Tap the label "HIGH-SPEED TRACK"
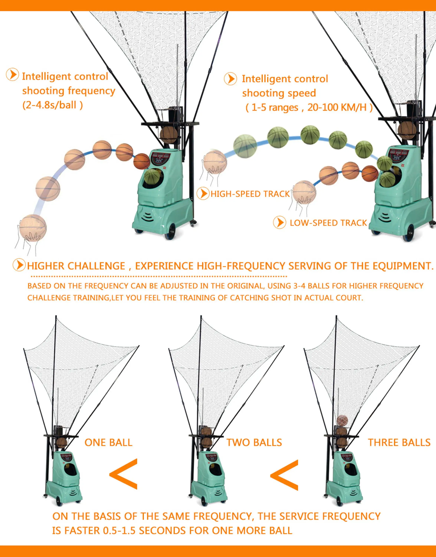click(250, 194)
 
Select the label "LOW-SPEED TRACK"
click(328, 223)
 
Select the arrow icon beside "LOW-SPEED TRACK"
click(280, 222)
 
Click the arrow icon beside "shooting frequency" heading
click(12, 75)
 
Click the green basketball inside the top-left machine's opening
click(152, 176)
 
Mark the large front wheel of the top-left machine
click(170, 231)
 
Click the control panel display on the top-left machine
click(160, 158)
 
